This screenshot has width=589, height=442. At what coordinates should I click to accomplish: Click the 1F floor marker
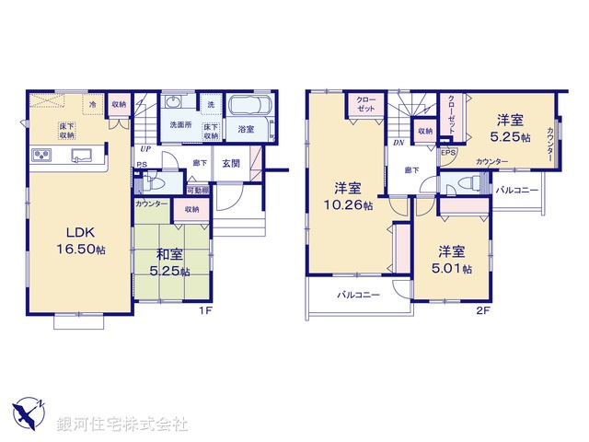tap(206, 310)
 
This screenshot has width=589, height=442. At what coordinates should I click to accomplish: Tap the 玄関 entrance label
tap(231, 164)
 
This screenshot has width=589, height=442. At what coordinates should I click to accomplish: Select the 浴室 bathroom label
tap(246, 130)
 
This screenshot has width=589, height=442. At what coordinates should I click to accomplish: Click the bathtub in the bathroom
tap(246, 110)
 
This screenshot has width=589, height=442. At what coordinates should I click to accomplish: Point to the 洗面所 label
tap(179, 126)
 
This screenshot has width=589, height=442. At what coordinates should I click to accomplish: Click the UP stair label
tap(144, 149)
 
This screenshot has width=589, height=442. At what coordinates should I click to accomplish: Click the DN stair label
tap(398, 143)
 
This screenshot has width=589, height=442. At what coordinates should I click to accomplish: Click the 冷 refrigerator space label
tap(94, 104)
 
